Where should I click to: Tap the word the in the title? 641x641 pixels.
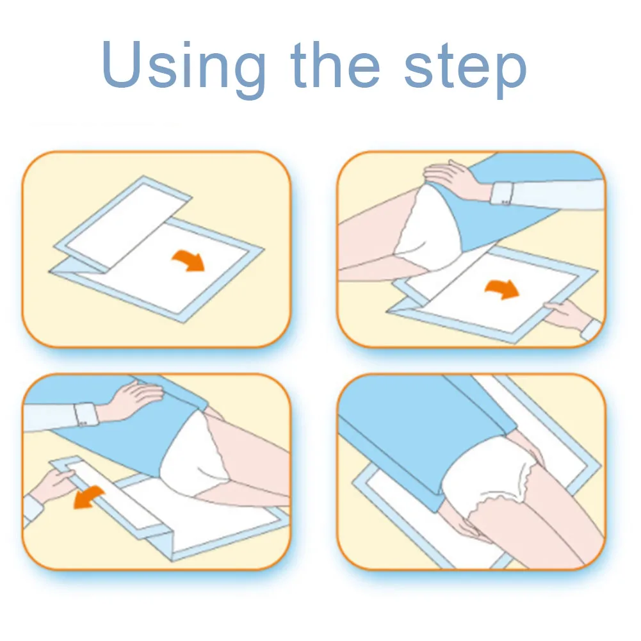(x=335, y=64)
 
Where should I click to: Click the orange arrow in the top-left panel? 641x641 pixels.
(x=188, y=261)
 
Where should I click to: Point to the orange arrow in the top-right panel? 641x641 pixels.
(x=502, y=289)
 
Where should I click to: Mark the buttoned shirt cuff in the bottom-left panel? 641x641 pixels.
(x=85, y=414)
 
